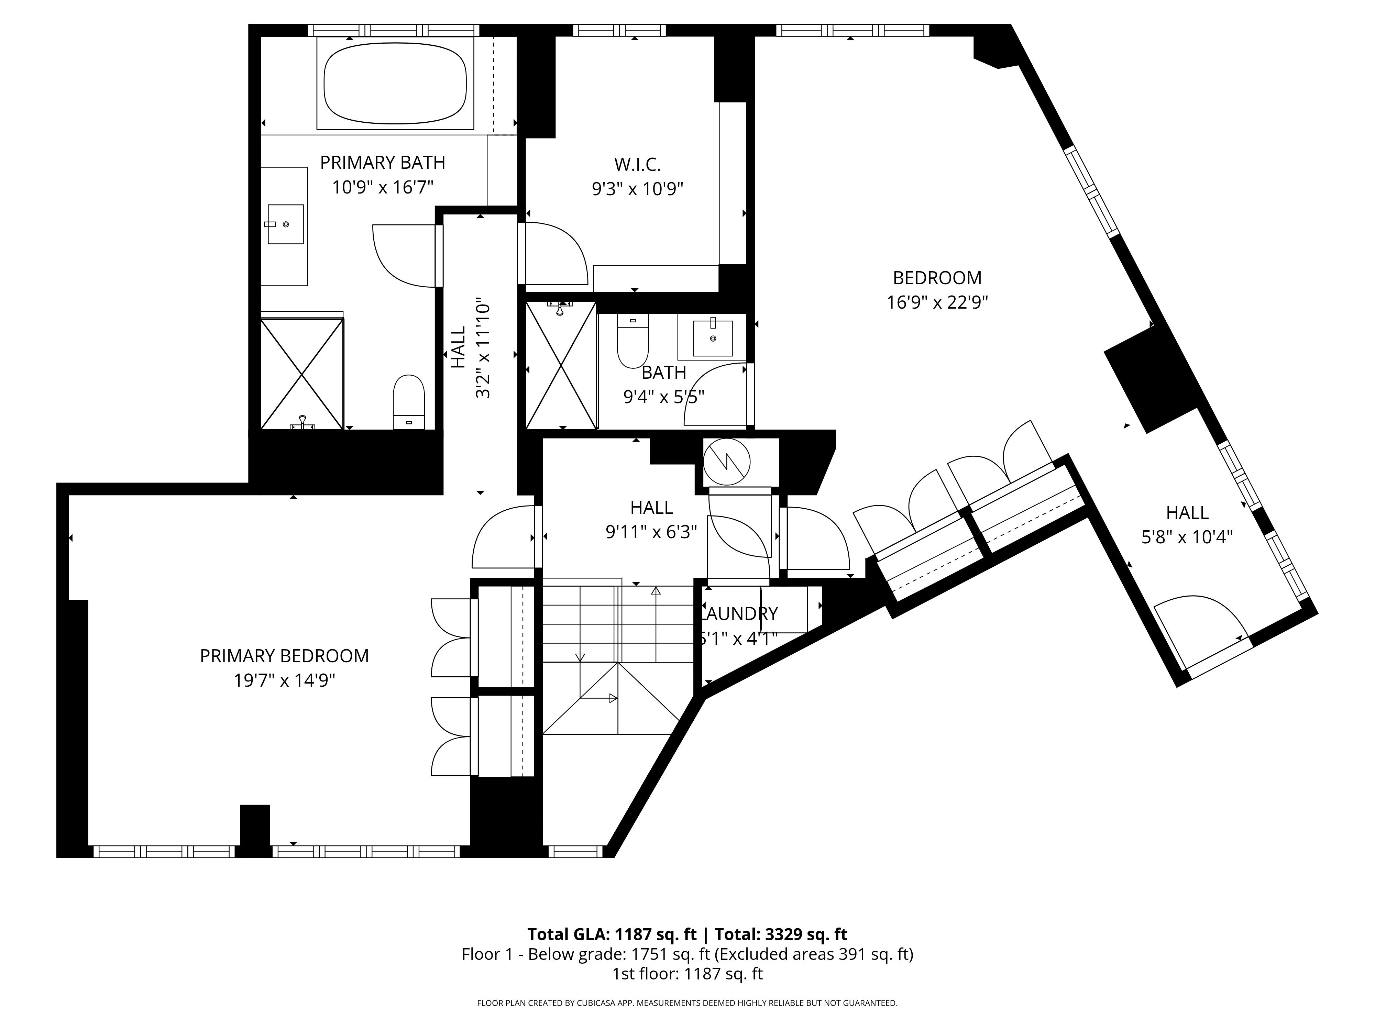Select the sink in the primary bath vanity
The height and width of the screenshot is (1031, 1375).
285,224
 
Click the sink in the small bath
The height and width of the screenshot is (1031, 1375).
712,337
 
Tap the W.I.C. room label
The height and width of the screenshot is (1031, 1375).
637,165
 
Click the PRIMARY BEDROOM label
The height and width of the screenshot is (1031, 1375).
284,656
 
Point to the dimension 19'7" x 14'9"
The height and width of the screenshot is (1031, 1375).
284,680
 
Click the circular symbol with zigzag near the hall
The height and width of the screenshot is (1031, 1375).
726,462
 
